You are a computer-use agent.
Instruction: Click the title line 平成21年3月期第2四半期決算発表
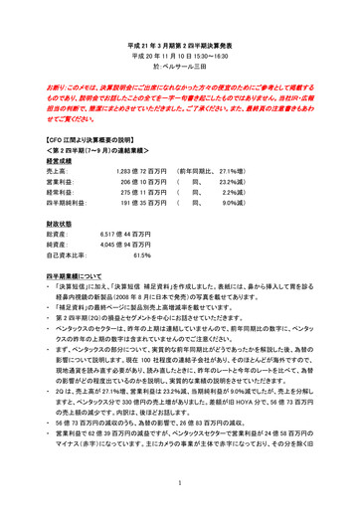pyautogui.click(x=180, y=47)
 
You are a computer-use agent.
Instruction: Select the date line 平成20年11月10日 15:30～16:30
pyautogui.click(x=180, y=59)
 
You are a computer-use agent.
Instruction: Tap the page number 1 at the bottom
pyautogui.click(x=180, y=481)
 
